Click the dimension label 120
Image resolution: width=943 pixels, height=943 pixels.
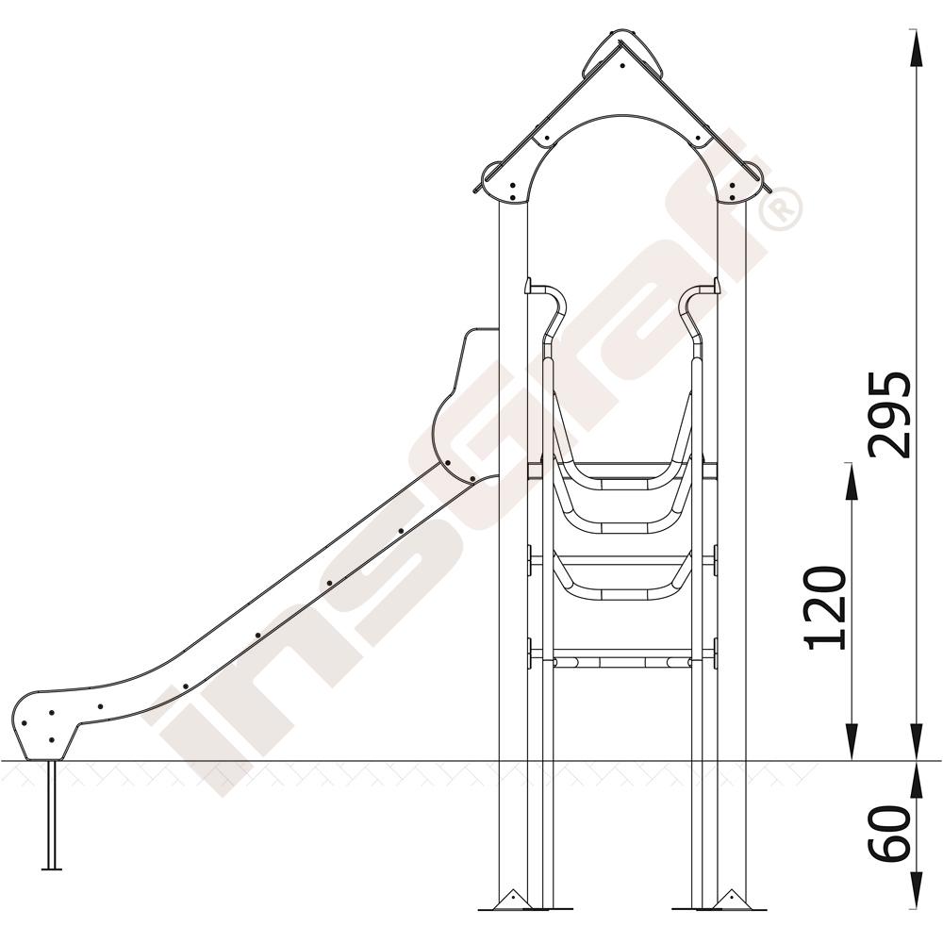[x=826, y=607]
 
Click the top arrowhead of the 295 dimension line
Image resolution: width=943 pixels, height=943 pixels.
[x=916, y=48]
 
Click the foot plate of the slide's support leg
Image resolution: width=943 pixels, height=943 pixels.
[x=52, y=869]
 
